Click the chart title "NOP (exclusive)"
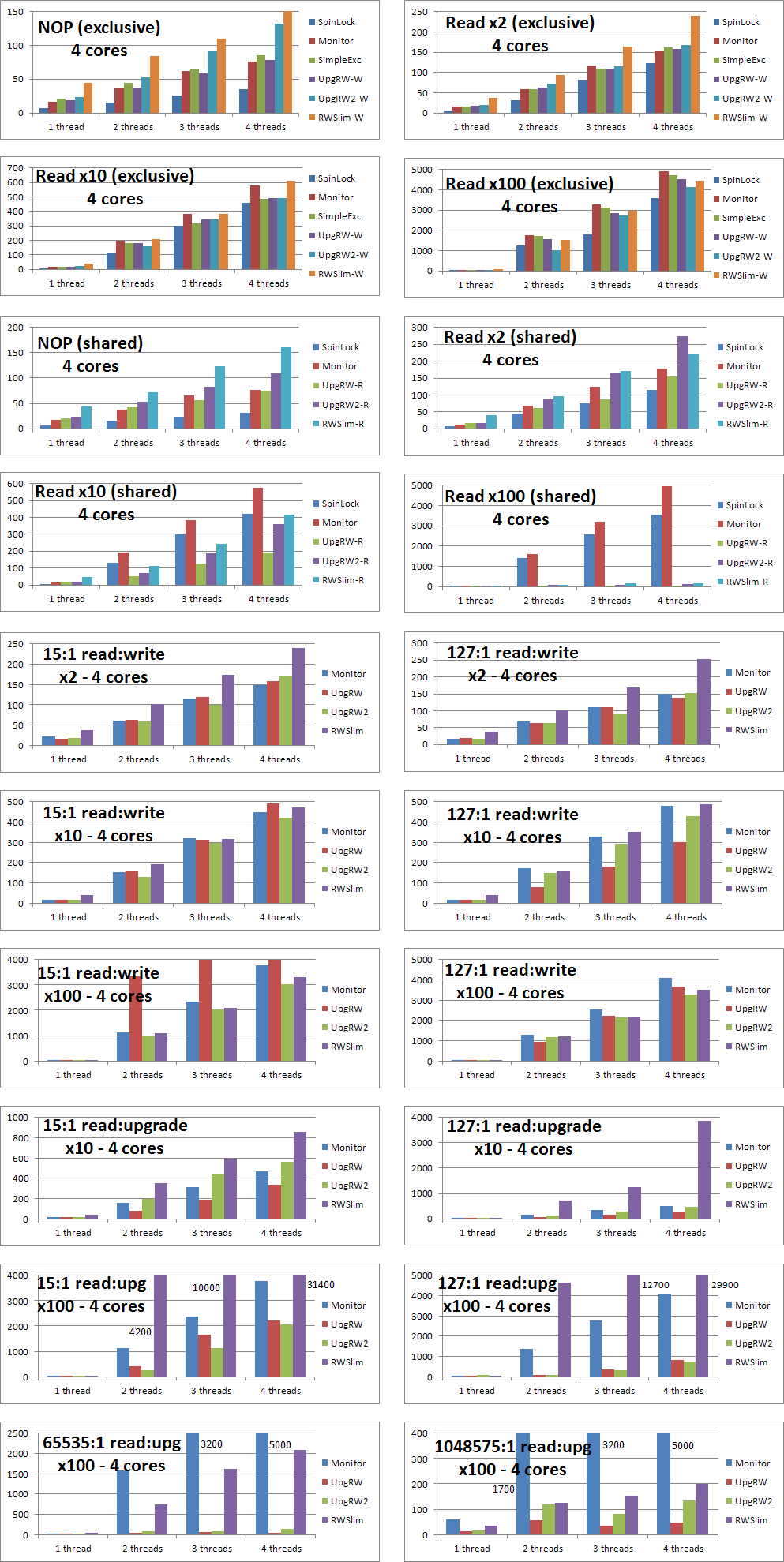(99, 28)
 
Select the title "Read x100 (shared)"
(520, 496)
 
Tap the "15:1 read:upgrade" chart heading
(115, 1126)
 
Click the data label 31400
(321, 1284)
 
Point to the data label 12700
(655, 1285)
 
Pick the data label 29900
(725, 1285)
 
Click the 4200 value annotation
(140, 1332)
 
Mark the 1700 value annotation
(503, 1489)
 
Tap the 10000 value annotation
(206, 1287)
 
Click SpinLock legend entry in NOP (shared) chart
(340, 347)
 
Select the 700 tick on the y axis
(16, 168)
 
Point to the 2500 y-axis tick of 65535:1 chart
(17, 1433)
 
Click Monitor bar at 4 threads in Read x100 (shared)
(667, 537)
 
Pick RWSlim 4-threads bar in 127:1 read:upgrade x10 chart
(703, 1170)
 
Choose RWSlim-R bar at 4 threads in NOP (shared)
(286, 388)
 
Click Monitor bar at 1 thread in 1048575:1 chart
(452, 1526)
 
